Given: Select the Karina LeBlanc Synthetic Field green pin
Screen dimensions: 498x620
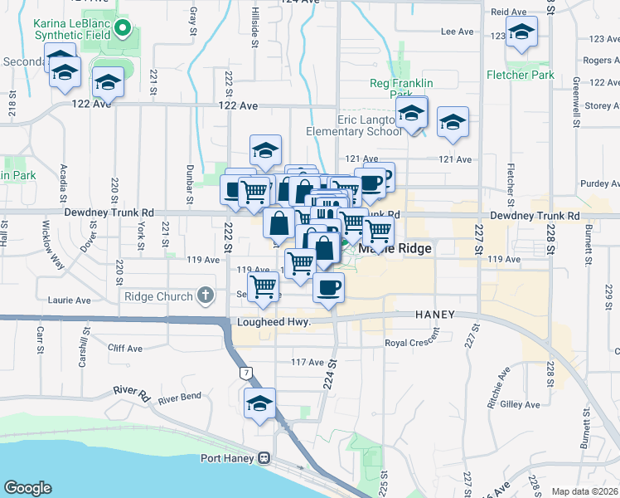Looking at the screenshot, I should click(123, 30).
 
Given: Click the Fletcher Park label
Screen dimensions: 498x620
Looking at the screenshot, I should click(520, 75).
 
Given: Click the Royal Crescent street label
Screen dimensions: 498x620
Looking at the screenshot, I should click(411, 343).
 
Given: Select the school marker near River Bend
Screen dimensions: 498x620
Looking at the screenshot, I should click(259, 404).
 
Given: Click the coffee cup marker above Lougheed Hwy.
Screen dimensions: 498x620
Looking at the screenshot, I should click(329, 288).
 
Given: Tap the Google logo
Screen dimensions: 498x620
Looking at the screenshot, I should click(27, 488).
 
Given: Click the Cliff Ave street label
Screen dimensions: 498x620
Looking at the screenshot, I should click(124, 349).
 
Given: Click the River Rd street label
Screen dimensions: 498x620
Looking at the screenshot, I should click(130, 389).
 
